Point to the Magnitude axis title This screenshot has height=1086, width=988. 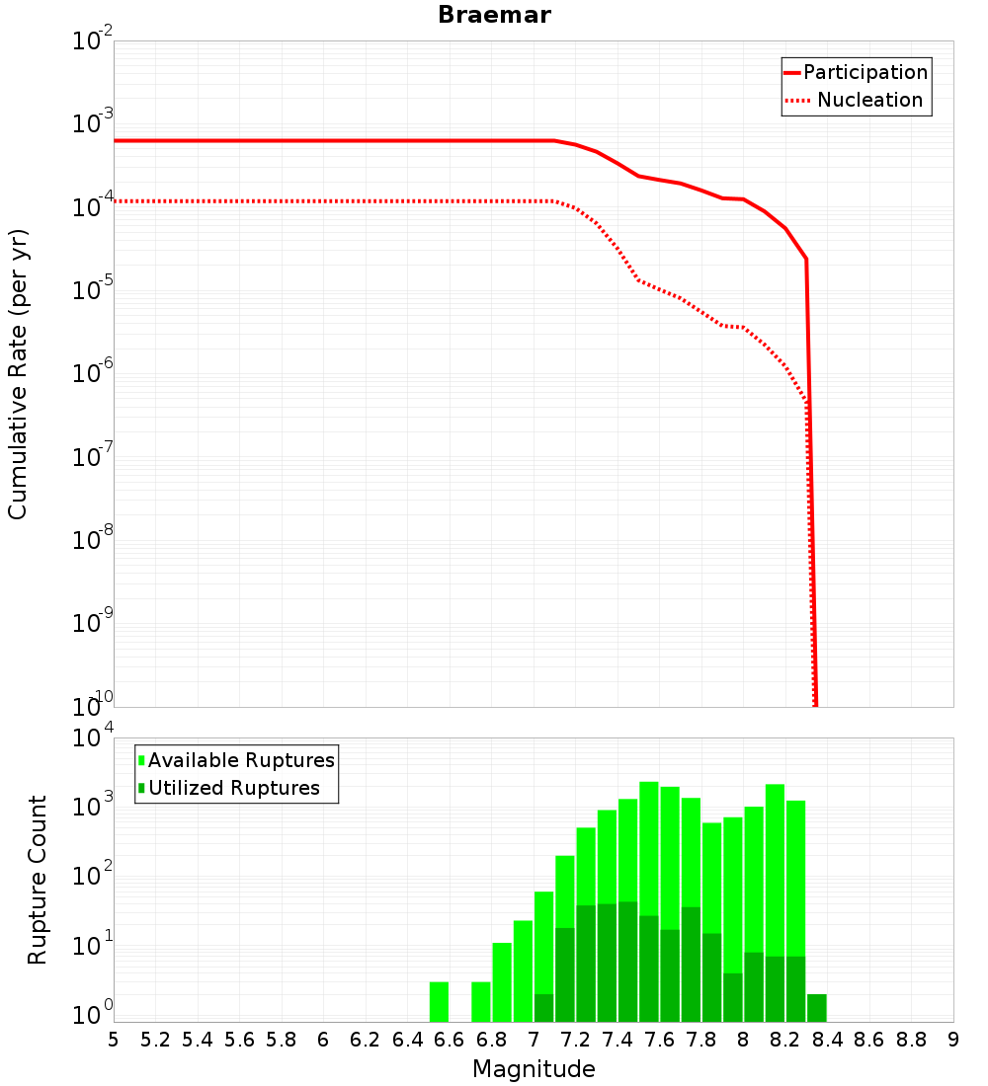(x=534, y=1069)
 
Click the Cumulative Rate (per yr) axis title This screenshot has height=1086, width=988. (x=18, y=373)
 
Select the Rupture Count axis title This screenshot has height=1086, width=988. (x=38, y=880)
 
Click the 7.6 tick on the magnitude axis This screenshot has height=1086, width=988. (x=660, y=1040)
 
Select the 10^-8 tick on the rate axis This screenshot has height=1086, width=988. (x=91, y=541)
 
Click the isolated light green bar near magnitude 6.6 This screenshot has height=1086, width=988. (x=439, y=1001)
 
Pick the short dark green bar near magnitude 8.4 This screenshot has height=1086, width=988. (x=816, y=1007)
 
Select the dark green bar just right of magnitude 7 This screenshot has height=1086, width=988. (x=544, y=1007)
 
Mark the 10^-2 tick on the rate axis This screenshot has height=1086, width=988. (x=91, y=42)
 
